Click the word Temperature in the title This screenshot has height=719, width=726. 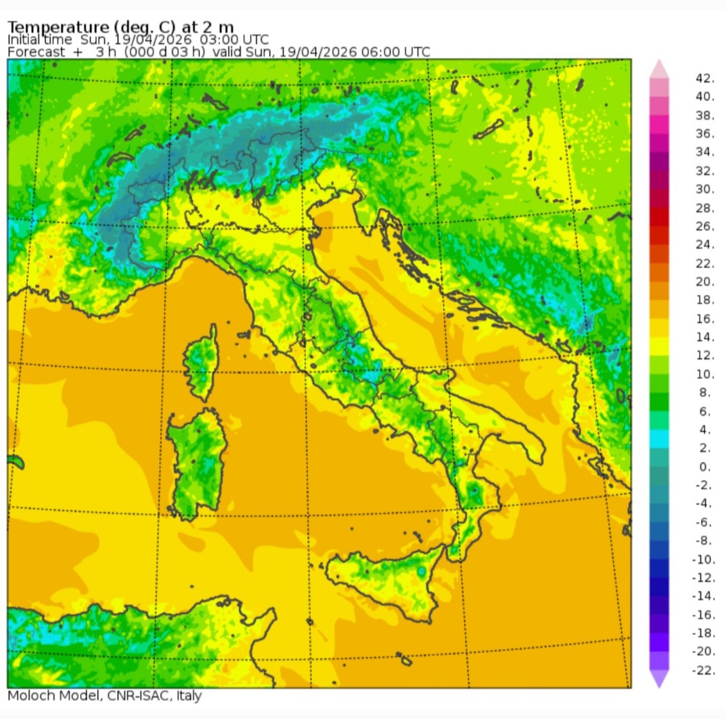click(x=58, y=27)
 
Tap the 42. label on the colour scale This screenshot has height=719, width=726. click(x=704, y=78)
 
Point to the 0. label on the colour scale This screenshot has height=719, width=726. click(x=704, y=467)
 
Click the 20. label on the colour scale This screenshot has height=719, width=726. click(x=704, y=281)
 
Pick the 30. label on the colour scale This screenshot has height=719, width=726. click(x=704, y=189)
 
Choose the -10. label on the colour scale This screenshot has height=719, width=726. click(x=703, y=559)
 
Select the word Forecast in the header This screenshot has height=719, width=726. click(x=36, y=52)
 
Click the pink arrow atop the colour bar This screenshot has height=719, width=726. click(x=659, y=69)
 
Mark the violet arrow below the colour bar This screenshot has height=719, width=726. click(x=659, y=678)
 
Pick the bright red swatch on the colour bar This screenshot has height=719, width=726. click(x=659, y=217)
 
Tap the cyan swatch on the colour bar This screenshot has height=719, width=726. click(x=659, y=438)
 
